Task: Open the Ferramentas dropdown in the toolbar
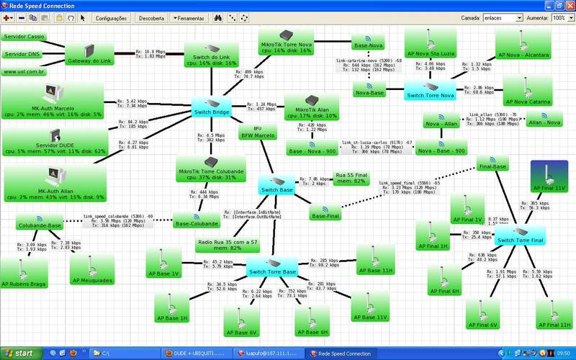(189, 18)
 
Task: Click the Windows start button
(19, 354)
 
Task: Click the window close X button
(569, 5)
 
